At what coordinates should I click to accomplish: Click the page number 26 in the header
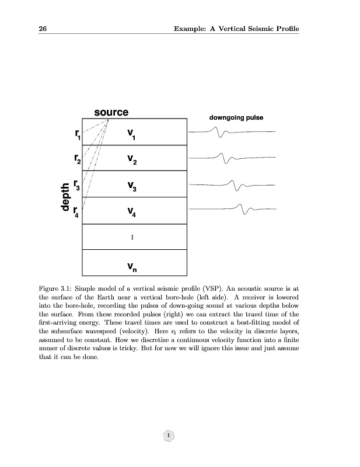[x=43, y=29]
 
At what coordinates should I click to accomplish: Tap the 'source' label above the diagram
[x=111, y=112]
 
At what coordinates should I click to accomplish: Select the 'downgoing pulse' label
[x=236, y=118]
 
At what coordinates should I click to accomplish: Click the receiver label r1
[x=78, y=134]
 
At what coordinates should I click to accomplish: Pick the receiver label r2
[x=77, y=159]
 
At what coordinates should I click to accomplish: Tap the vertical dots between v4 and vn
[x=132, y=237]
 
